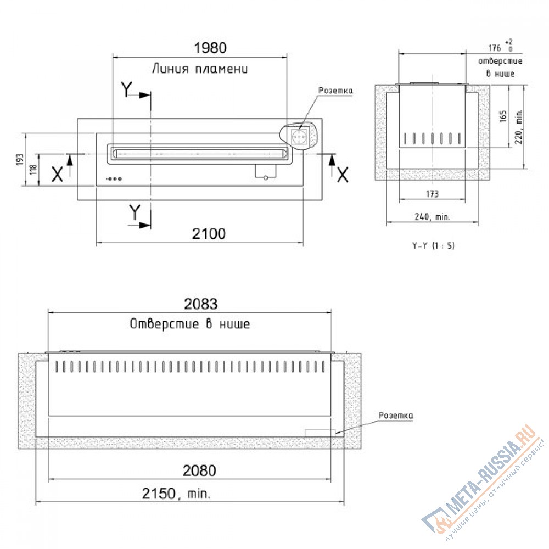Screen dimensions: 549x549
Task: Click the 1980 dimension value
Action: click(210, 48)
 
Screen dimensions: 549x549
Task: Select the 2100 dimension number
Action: click(209, 233)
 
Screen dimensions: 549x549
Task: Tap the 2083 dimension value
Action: click(200, 304)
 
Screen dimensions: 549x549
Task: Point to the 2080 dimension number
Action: click(199, 470)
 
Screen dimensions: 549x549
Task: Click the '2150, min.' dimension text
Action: click(176, 494)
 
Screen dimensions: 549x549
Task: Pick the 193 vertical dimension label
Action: click(20, 159)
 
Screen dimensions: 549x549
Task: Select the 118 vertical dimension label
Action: click(33, 170)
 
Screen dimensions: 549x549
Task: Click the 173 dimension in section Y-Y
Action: click(433, 194)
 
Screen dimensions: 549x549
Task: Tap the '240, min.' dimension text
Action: click(433, 217)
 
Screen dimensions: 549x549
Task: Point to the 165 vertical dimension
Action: click(503, 116)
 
